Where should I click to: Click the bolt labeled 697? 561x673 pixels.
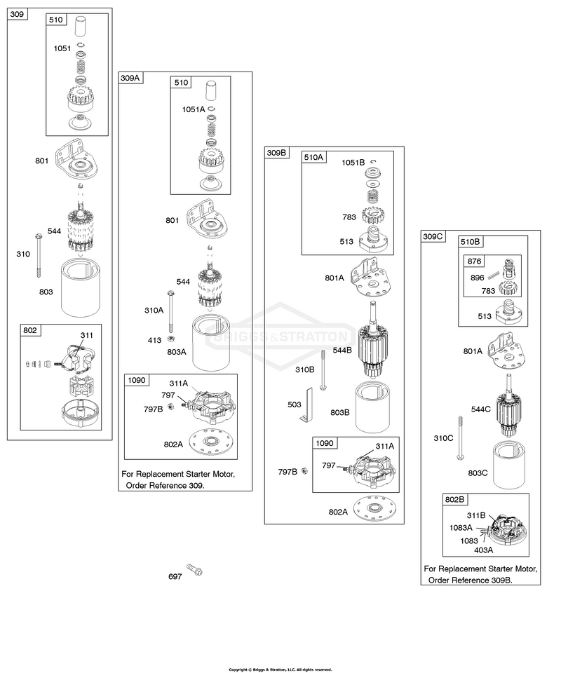(194, 570)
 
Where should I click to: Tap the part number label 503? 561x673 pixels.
(295, 405)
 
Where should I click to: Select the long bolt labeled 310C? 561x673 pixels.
(460, 437)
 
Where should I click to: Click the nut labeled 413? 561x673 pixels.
(170, 339)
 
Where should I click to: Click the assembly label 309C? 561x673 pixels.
(433, 236)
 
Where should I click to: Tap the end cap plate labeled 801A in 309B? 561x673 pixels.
(371, 278)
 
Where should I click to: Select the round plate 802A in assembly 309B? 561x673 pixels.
(374, 510)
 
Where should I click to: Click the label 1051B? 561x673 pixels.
(353, 162)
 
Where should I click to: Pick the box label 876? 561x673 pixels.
(474, 261)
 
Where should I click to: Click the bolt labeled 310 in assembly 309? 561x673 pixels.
(39, 255)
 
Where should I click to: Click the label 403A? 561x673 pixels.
(483, 550)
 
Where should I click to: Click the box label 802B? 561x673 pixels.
(454, 499)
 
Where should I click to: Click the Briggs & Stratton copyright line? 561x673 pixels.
(280, 669)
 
